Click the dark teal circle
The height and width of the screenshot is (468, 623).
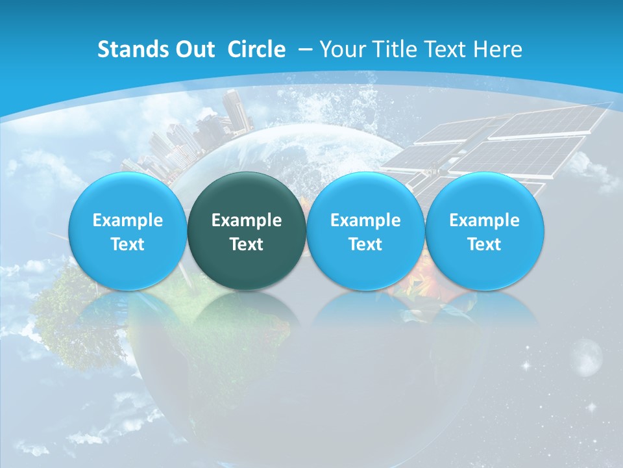pos(247,231)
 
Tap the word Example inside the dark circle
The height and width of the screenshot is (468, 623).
pos(247,220)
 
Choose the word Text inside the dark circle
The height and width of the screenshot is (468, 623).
pos(247,244)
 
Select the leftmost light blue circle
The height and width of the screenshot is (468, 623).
pos(128,231)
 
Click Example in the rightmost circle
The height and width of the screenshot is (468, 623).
pos(484,220)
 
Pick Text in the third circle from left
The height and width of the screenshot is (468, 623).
pos(365,244)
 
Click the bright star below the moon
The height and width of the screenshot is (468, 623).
pos(591,407)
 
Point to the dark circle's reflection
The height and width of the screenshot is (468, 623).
pos(247,312)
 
